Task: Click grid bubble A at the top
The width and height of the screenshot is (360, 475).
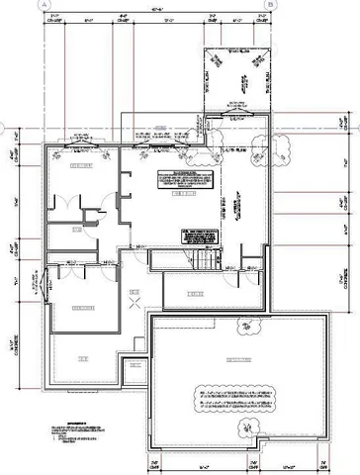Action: (45, 5)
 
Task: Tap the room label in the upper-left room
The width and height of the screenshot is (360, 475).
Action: (79, 169)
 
